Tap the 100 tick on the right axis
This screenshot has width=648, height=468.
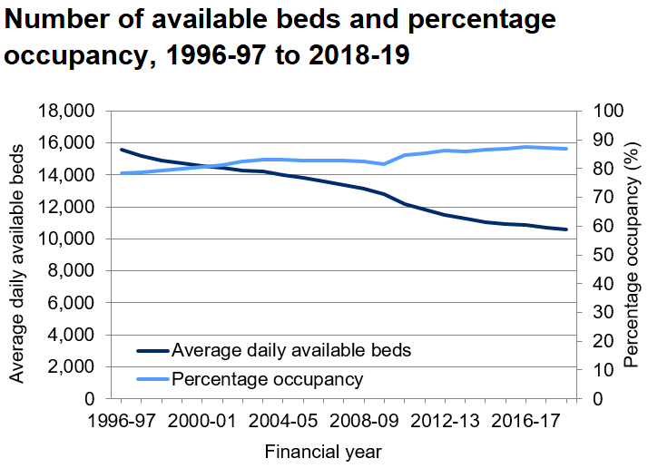(607, 112)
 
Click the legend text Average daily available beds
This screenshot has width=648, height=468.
(291, 350)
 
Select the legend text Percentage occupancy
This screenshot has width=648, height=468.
(268, 379)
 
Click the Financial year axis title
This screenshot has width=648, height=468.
(323, 451)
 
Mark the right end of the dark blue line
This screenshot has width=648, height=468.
(567, 229)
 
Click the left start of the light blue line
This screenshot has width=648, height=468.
(122, 173)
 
